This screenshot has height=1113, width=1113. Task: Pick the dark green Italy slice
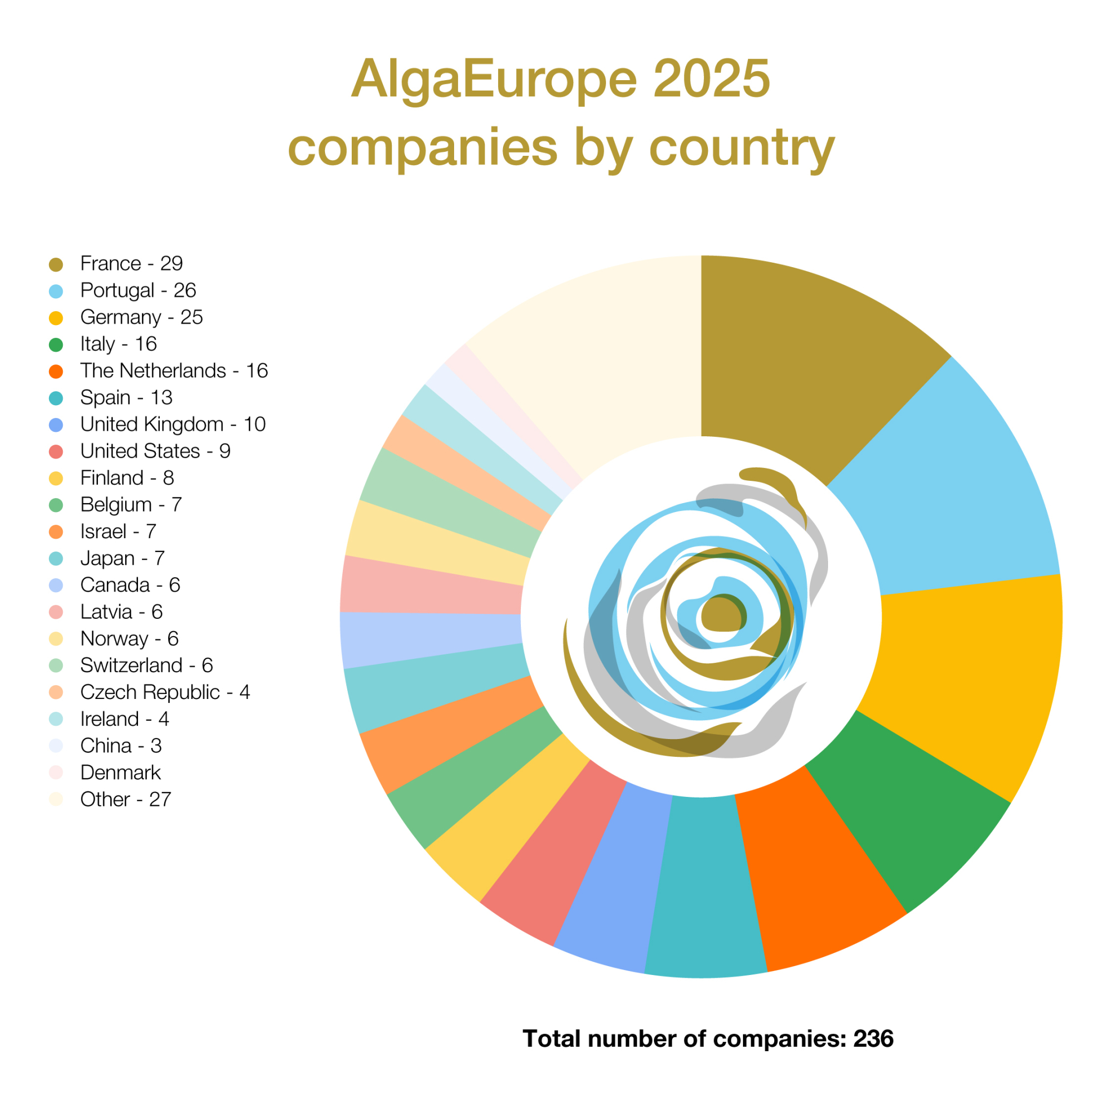click(899, 806)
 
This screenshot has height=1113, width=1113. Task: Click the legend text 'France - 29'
click(131, 263)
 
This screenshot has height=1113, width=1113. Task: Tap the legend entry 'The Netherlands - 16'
click(174, 371)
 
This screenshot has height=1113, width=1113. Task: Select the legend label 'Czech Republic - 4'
click(165, 692)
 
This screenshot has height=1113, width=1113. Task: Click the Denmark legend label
click(120, 772)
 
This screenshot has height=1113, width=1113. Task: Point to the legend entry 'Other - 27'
click(126, 799)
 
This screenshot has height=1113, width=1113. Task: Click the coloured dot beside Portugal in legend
click(56, 291)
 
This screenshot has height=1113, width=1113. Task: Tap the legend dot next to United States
click(56, 452)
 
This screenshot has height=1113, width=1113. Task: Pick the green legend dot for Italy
click(56, 344)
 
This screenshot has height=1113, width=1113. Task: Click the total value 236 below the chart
click(873, 1038)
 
